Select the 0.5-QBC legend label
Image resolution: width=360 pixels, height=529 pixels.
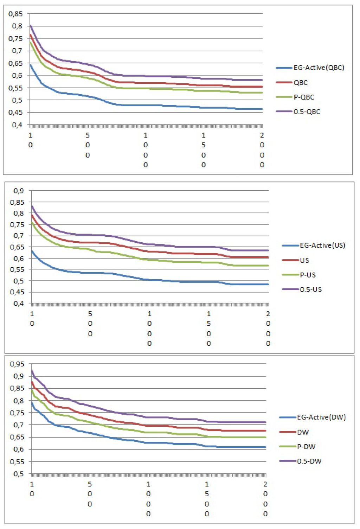[307, 112]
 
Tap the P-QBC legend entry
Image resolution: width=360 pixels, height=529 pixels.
[304, 97]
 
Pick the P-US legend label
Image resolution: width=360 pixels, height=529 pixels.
[307, 275]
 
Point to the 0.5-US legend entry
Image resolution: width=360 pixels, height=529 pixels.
[310, 290]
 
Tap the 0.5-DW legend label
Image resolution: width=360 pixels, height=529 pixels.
[309, 461]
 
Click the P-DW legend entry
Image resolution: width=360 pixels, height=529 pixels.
[306, 447]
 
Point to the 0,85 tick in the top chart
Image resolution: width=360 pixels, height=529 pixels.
[15, 14]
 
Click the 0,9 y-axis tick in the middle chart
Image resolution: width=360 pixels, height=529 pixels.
[19, 191]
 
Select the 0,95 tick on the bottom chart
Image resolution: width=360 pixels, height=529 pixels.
[17, 364]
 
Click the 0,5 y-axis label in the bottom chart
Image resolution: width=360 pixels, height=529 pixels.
[19, 474]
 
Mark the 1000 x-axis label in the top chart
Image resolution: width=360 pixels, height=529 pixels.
[146, 150]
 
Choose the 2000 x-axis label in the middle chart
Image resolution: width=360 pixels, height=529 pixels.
[268, 328]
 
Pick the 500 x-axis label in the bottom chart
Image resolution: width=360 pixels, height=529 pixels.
[90, 494]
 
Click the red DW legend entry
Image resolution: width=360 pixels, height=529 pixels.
[303, 432]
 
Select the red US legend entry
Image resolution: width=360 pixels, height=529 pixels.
[304, 260]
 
